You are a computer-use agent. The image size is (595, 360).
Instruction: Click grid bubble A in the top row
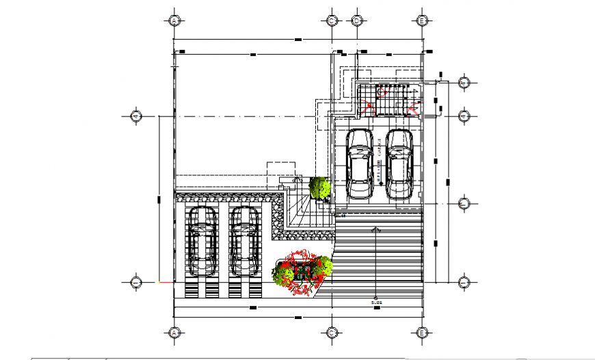174,21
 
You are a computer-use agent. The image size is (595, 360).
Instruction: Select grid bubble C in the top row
331,21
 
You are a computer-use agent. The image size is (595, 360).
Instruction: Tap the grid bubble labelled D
356,21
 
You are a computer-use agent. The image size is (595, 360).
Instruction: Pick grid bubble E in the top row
423,21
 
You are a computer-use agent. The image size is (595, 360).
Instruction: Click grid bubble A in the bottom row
174,333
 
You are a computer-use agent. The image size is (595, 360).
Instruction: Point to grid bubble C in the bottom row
331,333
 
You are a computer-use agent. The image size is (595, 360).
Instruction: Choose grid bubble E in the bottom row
423,333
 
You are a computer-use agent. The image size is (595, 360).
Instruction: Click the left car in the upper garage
359,164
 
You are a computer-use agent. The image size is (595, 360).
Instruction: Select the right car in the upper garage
399,164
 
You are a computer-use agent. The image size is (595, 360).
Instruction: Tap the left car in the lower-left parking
203,241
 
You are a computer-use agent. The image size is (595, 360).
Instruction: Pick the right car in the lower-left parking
243,241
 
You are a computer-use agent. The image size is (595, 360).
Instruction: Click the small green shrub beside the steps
319,187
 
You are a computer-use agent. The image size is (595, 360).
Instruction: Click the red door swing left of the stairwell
369,106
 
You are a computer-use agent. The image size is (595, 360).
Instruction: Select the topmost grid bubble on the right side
464,83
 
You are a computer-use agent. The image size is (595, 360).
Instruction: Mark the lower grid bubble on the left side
136,281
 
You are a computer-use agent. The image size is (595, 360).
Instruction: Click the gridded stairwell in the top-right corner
390,100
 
